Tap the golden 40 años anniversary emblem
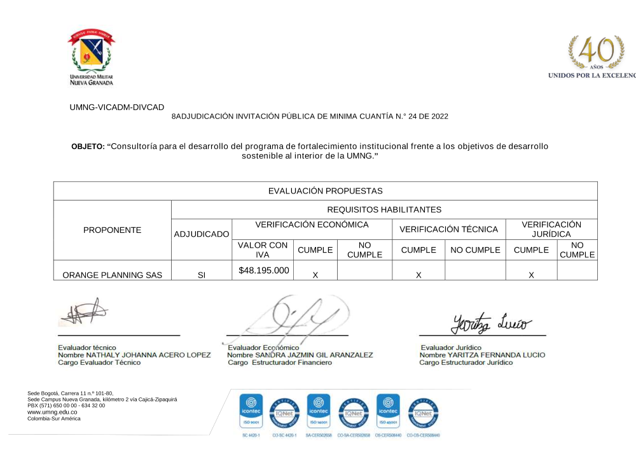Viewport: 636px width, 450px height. tap(597, 52)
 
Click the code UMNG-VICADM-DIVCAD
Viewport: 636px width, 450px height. tap(116, 108)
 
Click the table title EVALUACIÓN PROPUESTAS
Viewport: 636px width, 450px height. tap(325, 191)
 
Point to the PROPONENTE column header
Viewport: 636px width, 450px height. tap(113, 230)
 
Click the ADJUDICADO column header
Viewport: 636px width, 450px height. tap(202, 235)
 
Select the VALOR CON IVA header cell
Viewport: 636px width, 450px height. tap(263, 250)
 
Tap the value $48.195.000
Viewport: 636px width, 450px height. tap(264, 271)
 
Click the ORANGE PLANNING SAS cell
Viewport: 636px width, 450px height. tap(113, 275)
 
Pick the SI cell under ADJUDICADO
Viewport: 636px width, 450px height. tap(202, 275)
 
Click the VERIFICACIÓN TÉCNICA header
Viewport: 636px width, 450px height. tap(448, 229)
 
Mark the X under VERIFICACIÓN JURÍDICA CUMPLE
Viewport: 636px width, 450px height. tap(531, 275)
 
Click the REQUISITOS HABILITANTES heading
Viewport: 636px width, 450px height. tap(384, 209)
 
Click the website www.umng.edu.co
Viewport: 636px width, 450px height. tap(48, 412)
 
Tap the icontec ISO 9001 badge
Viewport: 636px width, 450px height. tap(250, 409)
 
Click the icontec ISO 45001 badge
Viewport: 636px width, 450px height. tap(388, 409)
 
